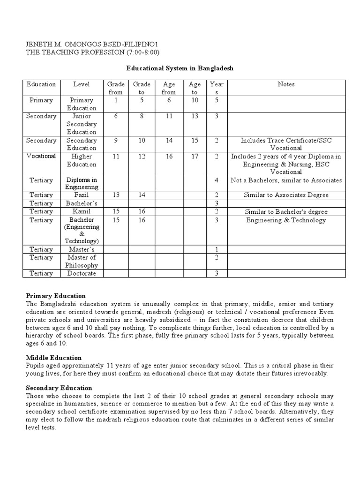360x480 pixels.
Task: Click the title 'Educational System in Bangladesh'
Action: (180, 68)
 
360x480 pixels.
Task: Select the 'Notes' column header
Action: (286, 84)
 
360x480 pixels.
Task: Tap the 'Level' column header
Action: (82, 84)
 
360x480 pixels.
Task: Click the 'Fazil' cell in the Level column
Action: (82, 195)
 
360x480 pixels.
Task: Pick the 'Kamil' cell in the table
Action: (82, 212)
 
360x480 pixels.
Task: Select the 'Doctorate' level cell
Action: (82, 273)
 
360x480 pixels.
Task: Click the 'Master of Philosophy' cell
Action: (82, 261)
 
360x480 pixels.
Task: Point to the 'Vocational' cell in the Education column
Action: (41, 157)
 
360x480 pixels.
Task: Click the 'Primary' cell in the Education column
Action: (41, 100)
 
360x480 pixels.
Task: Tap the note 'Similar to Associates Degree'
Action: (286, 195)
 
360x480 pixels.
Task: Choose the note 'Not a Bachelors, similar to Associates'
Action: (286, 180)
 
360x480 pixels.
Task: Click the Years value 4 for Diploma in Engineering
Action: (217, 180)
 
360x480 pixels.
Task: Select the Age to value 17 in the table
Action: (195, 157)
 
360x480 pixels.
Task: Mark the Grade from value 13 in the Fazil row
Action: (115, 195)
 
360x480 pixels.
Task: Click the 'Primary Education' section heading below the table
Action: (56, 296)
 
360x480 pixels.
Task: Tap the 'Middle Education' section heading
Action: (53, 358)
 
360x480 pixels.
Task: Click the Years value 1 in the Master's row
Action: (217, 249)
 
